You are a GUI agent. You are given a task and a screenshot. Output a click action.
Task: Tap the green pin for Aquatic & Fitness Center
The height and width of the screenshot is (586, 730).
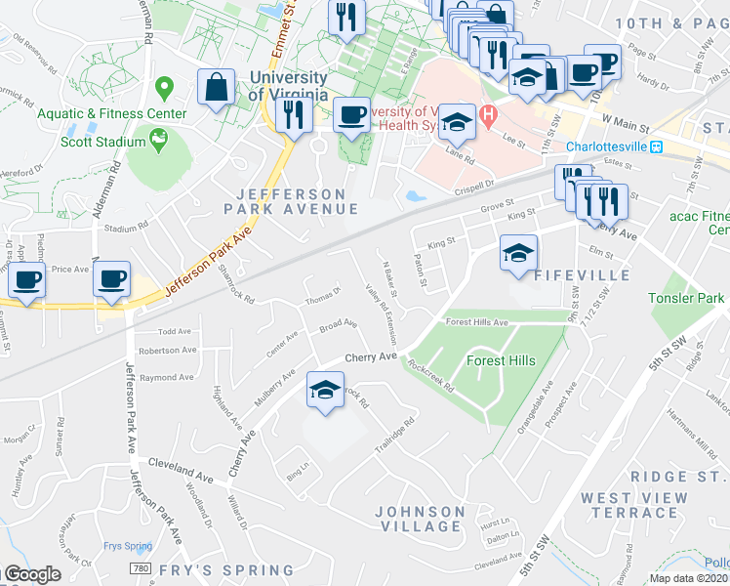click(x=163, y=90)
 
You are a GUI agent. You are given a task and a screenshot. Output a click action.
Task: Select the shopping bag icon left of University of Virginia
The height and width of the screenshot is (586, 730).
click(x=216, y=87)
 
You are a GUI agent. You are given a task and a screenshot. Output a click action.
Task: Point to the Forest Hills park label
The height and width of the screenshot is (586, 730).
click(x=501, y=360)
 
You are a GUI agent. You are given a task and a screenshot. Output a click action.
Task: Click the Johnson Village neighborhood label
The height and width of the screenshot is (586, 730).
click(x=420, y=519)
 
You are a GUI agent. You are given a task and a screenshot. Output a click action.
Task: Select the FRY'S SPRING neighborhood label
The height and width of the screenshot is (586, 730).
click(x=227, y=570)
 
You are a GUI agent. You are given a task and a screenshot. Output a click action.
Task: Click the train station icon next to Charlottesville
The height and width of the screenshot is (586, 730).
click(x=658, y=146)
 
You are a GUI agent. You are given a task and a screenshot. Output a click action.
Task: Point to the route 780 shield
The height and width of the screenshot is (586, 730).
click(x=142, y=568)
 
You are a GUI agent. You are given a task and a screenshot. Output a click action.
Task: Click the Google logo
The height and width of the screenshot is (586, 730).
click(x=31, y=574)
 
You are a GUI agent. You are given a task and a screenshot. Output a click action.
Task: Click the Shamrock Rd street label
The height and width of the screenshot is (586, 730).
click(x=234, y=285)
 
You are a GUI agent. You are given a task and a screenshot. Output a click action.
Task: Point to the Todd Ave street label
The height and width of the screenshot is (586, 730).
click(x=175, y=332)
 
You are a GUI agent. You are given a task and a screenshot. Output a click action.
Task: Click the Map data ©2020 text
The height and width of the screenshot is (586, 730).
click(x=687, y=578)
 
